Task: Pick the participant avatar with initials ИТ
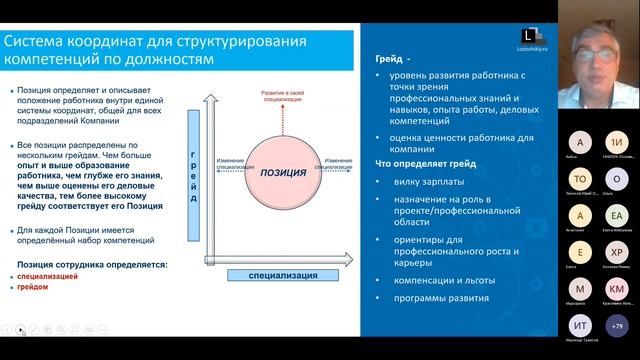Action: pyautogui.click(x=580, y=326)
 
